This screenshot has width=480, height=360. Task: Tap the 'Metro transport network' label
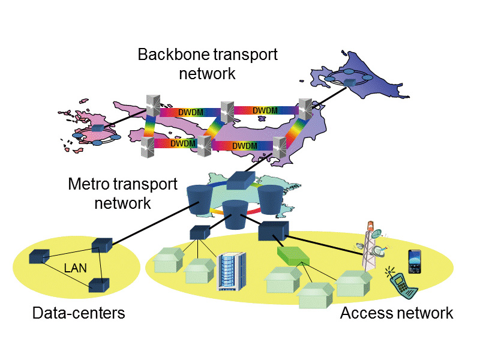[x=123, y=193]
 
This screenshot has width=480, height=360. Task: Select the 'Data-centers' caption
[x=79, y=313]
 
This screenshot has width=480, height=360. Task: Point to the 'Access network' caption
[x=397, y=313]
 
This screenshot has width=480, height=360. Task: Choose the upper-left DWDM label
[x=190, y=112]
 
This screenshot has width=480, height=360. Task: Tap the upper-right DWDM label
[x=265, y=110]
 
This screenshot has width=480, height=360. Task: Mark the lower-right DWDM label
[x=245, y=146]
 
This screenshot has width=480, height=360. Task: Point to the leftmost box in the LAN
[x=40, y=256]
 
